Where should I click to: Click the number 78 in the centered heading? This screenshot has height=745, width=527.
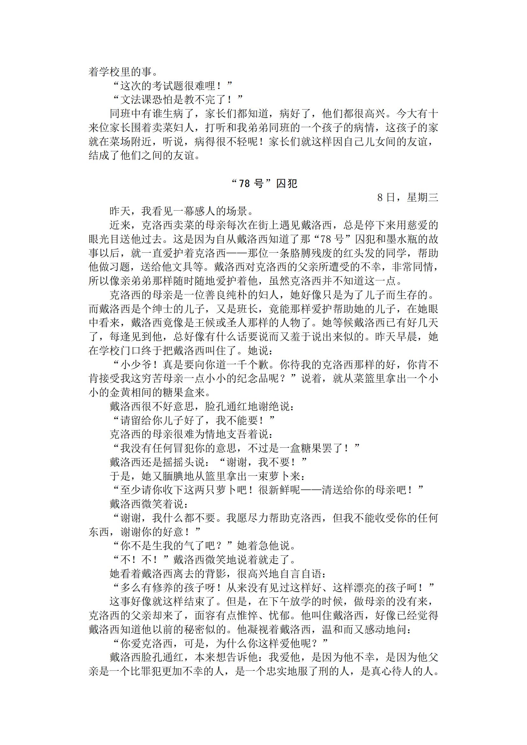pos(244,184)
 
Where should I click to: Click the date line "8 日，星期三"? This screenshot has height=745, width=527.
pos(408,198)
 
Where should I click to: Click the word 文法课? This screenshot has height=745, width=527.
pos(136,100)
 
